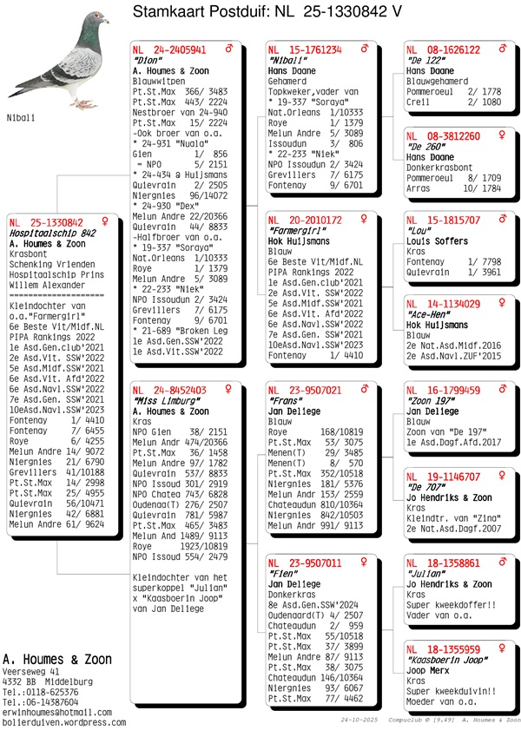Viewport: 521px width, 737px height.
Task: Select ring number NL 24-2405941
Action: coord(168,50)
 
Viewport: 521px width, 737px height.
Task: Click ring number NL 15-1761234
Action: coord(304,50)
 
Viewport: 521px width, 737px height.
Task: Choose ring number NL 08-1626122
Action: coord(443,50)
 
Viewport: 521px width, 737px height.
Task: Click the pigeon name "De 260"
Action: coord(425,148)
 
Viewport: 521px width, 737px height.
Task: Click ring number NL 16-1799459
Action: coord(443,391)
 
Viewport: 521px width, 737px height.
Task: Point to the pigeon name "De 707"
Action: coord(425,488)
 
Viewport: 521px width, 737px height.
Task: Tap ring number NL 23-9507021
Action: coord(304,391)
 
